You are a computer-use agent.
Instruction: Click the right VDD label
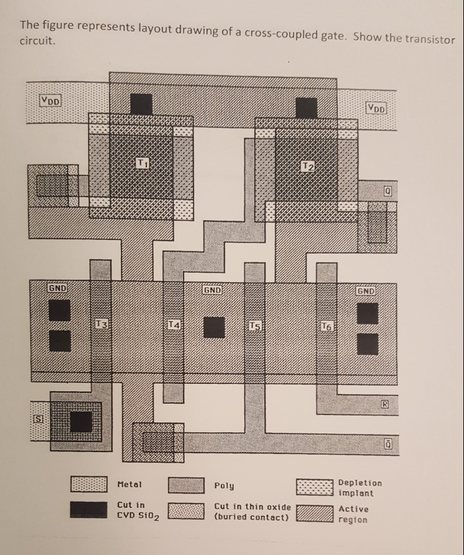click(376, 107)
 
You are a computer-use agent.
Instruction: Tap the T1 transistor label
click(142, 164)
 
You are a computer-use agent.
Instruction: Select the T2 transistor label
click(307, 166)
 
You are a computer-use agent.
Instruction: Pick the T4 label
click(174, 326)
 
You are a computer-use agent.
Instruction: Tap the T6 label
click(327, 326)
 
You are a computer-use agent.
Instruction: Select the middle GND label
click(212, 290)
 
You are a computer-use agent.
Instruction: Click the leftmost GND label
click(60, 288)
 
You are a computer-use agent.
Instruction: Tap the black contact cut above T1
click(141, 104)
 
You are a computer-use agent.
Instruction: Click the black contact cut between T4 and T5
click(214, 327)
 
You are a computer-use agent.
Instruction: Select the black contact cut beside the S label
click(80, 422)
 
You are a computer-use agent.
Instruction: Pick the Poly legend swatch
click(186, 484)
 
